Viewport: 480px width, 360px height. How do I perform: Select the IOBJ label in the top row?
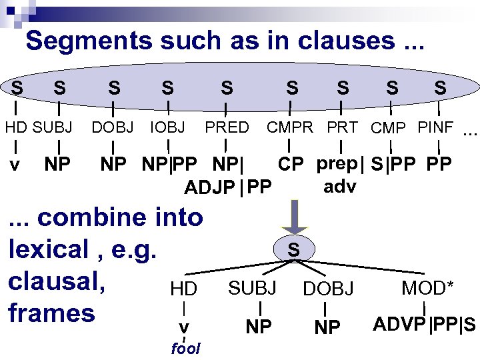pos(168,127)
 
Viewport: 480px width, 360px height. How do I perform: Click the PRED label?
pos(227,127)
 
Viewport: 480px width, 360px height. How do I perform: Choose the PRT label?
pos(342,127)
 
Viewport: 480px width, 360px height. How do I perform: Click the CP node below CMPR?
pos(292,164)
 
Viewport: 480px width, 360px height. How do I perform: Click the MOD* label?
pos(427,288)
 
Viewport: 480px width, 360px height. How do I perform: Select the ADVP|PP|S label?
pos(424,325)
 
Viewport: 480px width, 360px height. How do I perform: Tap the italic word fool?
pos(185,349)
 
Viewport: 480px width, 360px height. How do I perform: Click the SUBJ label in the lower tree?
pos(252,288)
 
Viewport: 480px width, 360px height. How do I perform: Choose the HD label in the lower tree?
pos(183,289)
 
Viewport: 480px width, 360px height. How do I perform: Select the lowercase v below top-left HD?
pos(16,164)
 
